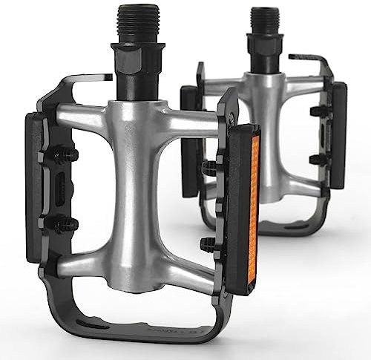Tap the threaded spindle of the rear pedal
(x=264, y=22)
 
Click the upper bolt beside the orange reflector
(x=209, y=168)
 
